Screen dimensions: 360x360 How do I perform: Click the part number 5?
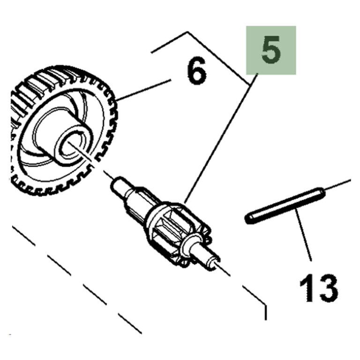(271, 50)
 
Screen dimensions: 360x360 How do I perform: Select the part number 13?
(319, 288)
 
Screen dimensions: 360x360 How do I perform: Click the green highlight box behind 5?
(271, 50)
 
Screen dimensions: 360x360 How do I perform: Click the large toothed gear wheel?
(64, 131)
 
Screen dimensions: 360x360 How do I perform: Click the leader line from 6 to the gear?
(144, 90)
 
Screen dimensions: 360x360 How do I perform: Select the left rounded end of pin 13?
(248, 218)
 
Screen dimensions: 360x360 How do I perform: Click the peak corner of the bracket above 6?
(188, 32)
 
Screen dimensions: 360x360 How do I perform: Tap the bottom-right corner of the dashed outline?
(266, 305)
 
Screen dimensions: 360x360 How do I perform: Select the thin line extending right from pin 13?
(337, 186)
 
